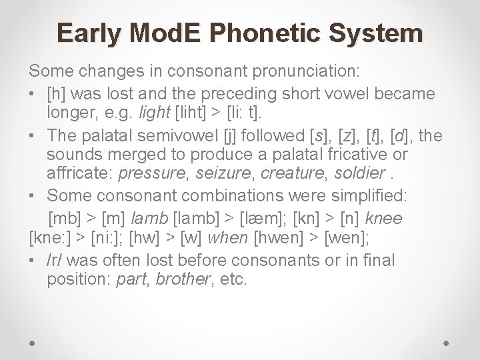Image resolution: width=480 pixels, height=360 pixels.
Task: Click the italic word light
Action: pyautogui.click(x=152, y=114)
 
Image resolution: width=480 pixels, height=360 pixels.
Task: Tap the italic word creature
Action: pyautogui.click(x=292, y=174)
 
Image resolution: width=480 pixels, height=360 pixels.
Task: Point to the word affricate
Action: pyautogui.click(x=79, y=174)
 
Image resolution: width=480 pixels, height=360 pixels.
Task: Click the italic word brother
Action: pyautogui.click(x=180, y=279)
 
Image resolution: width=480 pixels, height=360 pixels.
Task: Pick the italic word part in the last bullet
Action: pyautogui.click(x=131, y=279)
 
